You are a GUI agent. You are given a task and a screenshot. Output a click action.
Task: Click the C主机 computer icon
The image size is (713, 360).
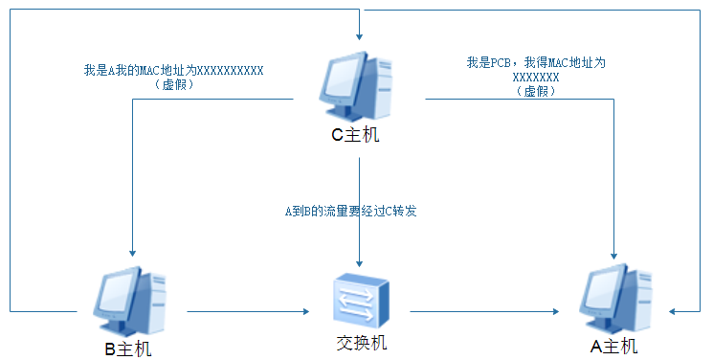[x=355, y=83]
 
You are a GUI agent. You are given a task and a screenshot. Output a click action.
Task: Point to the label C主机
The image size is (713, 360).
[x=355, y=135]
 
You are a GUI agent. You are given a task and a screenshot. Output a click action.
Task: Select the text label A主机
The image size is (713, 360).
[x=613, y=347]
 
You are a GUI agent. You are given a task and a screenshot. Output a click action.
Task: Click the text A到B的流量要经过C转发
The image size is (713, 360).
[x=351, y=211]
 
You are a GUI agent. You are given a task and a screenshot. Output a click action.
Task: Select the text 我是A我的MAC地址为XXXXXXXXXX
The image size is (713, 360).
[x=174, y=71]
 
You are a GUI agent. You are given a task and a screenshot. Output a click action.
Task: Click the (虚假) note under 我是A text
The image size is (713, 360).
[x=174, y=85]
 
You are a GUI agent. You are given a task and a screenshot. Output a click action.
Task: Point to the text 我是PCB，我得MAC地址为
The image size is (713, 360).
[x=536, y=63]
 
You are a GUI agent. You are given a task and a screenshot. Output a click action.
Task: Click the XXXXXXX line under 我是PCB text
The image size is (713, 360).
[x=536, y=77]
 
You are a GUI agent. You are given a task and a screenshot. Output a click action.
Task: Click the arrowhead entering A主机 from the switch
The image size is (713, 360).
[x=557, y=311]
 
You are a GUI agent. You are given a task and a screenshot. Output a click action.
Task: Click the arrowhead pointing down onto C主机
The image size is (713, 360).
[x=359, y=34]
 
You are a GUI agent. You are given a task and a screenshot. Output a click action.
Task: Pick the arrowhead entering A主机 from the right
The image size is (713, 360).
[x=675, y=311]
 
